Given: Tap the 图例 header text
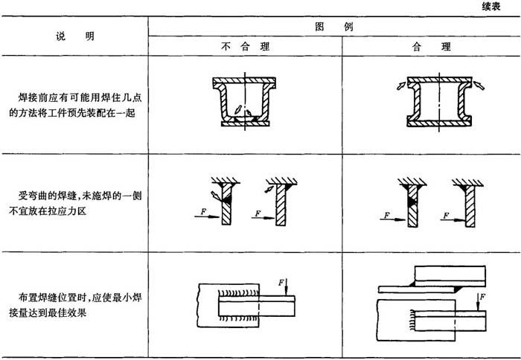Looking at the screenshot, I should click(x=333, y=25).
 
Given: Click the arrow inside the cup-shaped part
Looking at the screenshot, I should click(x=237, y=112).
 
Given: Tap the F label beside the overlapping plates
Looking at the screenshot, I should click(x=483, y=299).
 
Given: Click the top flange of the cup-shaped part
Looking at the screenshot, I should click(x=244, y=81).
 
